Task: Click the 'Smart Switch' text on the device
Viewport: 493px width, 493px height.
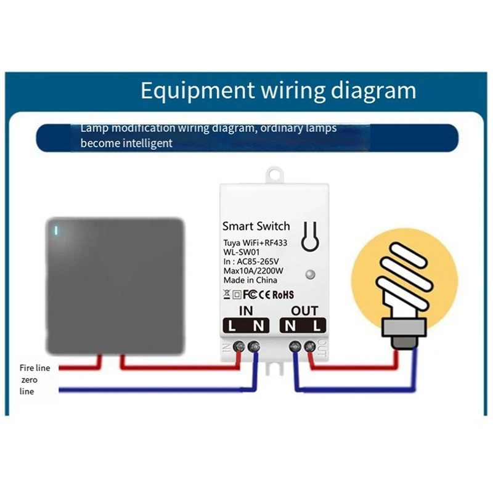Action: [256, 226]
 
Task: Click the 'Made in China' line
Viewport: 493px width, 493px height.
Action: [250, 280]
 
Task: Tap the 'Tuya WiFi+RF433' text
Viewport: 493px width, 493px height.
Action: [255, 243]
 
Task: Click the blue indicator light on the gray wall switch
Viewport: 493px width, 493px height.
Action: [57, 232]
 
